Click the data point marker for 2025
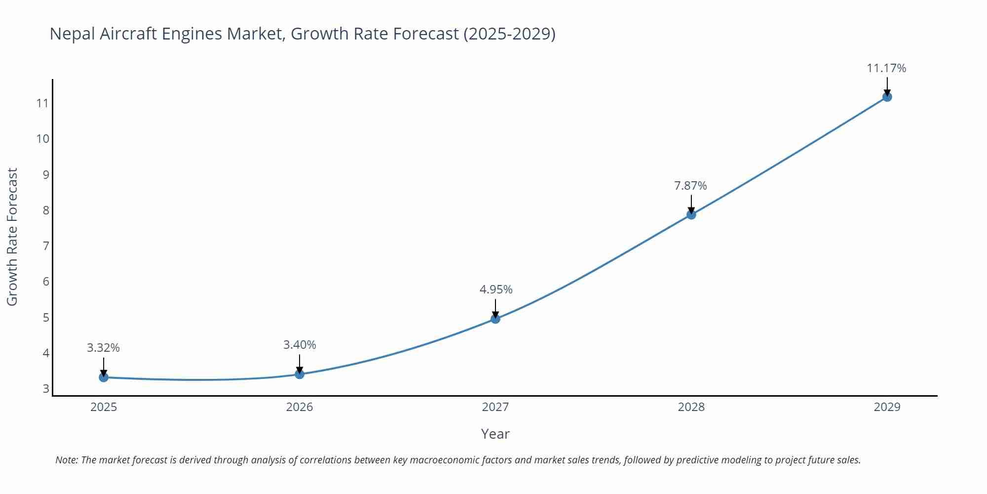(x=104, y=377)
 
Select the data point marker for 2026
(x=300, y=374)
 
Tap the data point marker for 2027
(x=495, y=319)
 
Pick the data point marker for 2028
(x=691, y=214)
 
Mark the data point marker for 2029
(x=887, y=97)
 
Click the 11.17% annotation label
(x=886, y=68)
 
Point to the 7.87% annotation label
(x=690, y=186)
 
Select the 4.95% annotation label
(x=495, y=289)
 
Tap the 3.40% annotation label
(x=300, y=345)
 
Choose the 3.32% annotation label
(x=103, y=348)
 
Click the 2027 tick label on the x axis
(x=495, y=407)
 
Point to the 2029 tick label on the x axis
(x=887, y=407)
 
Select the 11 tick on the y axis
(x=42, y=103)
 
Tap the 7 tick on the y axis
(x=46, y=246)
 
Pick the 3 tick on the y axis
(x=46, y=389)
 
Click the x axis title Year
(x=495, y=434)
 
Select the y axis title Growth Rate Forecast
(x=12, y=237)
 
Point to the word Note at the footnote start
(x=66, y=460)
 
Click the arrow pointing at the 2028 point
(x=691, y=204)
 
